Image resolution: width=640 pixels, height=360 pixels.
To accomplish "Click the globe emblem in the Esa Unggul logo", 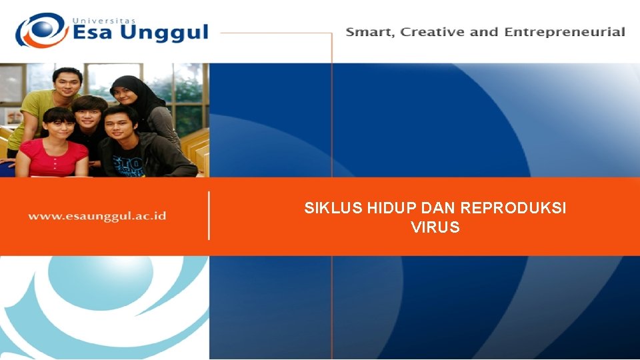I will click(x=41, y=30).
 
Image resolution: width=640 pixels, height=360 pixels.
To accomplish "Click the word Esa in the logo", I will click(x=95, y=33).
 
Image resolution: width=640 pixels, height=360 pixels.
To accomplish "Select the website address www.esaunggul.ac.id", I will click(x=97, y=216).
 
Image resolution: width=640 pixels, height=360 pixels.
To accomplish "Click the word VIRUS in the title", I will click(x=435, y=227).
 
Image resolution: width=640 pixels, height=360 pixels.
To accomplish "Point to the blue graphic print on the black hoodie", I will click(x=129, y=164).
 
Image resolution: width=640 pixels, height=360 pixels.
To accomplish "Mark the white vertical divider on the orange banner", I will click(x=209, y=215).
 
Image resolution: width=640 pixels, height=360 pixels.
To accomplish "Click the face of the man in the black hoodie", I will click(x=121, y=125).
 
